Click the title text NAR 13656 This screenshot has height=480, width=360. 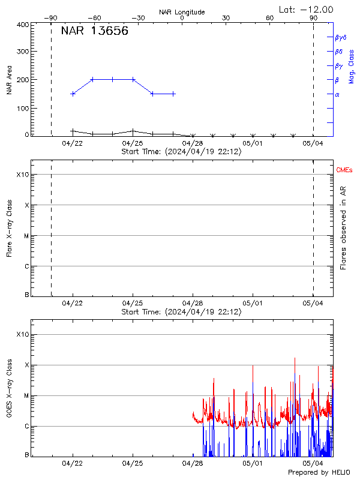pyautogui.click(x=94, y=32)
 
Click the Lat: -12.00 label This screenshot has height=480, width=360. pyautogui.click(x=307, y=9)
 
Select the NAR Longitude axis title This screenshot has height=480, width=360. pyautogui.click(x=182, y=11)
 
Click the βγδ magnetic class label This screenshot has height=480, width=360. pyautogui.click(x=340, y=37)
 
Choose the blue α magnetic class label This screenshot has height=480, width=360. pyautogui.click(x=337, y=94)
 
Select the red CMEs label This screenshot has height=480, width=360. pyautogui.click(x=344, y=170)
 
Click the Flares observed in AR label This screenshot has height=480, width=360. pyautogui.click(x=343, y=228)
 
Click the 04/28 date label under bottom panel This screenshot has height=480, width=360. pyautogui.click(x=193, y=463)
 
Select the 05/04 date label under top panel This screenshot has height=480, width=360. pyautogui.click(x=313, y=143)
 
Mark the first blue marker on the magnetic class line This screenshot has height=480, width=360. pyautogui.click(x=73, y=94)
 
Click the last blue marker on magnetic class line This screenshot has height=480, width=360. pyautogui.click(x=173, y=94)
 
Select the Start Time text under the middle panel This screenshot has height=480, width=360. pyautogui.click(x=181, y=312)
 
